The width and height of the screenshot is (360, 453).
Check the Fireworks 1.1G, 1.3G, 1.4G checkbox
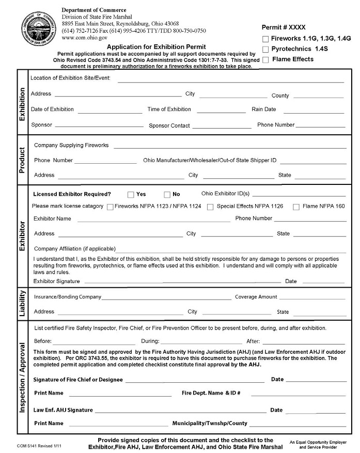tap(265, 39)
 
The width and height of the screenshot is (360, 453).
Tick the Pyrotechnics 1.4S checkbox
tap(265, 50)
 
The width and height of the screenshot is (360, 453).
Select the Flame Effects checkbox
tap(265, 60)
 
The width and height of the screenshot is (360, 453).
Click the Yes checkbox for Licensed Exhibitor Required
tap(131, 195)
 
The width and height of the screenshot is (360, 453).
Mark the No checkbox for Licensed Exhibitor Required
tap(167, 195)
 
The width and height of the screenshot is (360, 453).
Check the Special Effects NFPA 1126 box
tap(210, 207)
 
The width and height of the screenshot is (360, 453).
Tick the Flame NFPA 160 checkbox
tap(296, 207)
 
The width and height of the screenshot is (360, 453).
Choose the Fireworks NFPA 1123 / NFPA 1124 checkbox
tap(110, 207)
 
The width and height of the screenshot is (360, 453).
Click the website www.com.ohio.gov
tap(84, 38)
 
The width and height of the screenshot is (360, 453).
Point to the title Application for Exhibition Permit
tap(156, 46)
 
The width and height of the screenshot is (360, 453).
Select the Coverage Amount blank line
tap(312, 299)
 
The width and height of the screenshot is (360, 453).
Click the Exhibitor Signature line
tap(182, 283)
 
